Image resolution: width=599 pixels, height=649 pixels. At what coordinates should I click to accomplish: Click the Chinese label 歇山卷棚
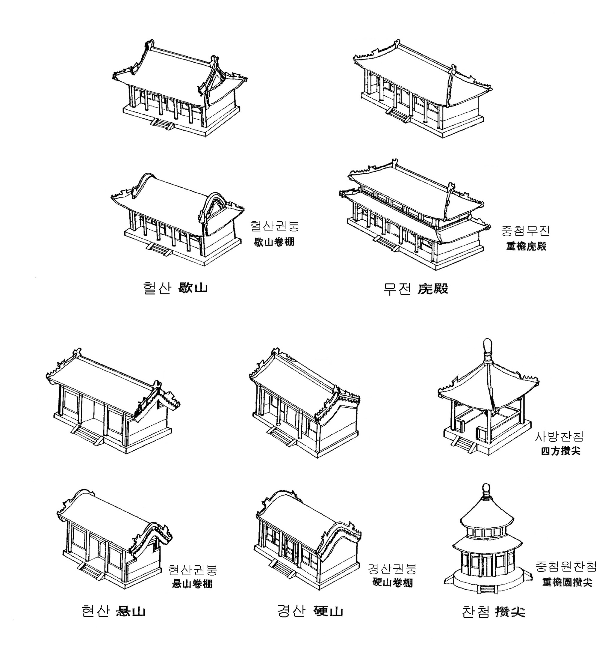pos(274,242)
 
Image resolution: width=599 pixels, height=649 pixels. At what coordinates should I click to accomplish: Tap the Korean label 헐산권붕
pos(275,226)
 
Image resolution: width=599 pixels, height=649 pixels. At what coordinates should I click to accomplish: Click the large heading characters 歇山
pos(193,288)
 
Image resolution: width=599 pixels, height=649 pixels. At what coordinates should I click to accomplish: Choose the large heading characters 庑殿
pos(433,288)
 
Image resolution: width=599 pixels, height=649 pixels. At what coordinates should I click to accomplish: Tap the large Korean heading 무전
pos(397,288)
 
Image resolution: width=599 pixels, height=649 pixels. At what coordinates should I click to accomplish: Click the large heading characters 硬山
pos(328,611)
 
